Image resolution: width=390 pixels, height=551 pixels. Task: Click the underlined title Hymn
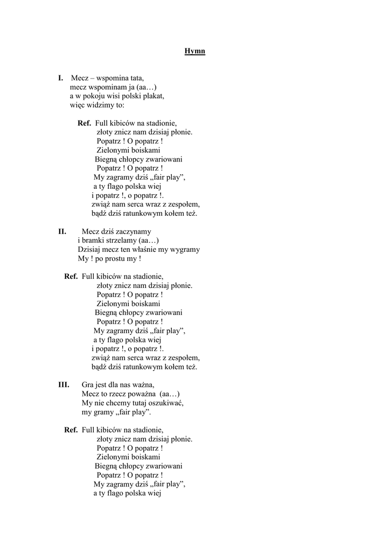(194, 52)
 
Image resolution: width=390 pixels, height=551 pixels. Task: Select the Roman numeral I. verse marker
(61, 78)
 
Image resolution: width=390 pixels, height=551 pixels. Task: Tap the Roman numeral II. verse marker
(62, 231)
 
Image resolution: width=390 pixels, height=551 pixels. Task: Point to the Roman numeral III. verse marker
(64, 384)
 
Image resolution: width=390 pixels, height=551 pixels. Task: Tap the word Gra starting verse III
(88, 384)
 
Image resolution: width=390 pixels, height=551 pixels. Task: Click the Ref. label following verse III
(71, 429)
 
